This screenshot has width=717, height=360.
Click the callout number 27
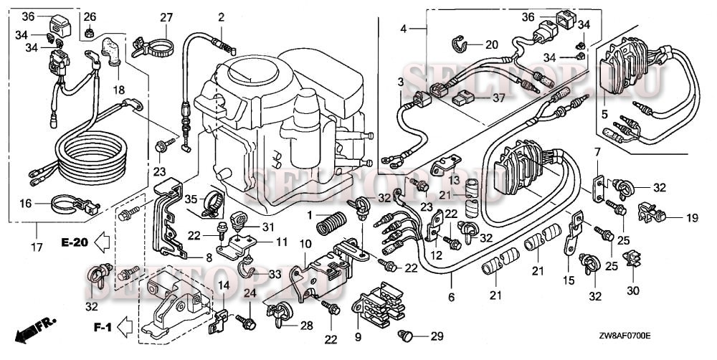166,17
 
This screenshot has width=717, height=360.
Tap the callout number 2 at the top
222,16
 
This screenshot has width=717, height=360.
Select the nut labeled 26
90,32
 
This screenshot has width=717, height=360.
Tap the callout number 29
437,336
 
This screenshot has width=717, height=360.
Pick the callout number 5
604,113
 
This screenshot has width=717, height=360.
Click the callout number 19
691,217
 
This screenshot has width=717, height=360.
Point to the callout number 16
26,204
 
